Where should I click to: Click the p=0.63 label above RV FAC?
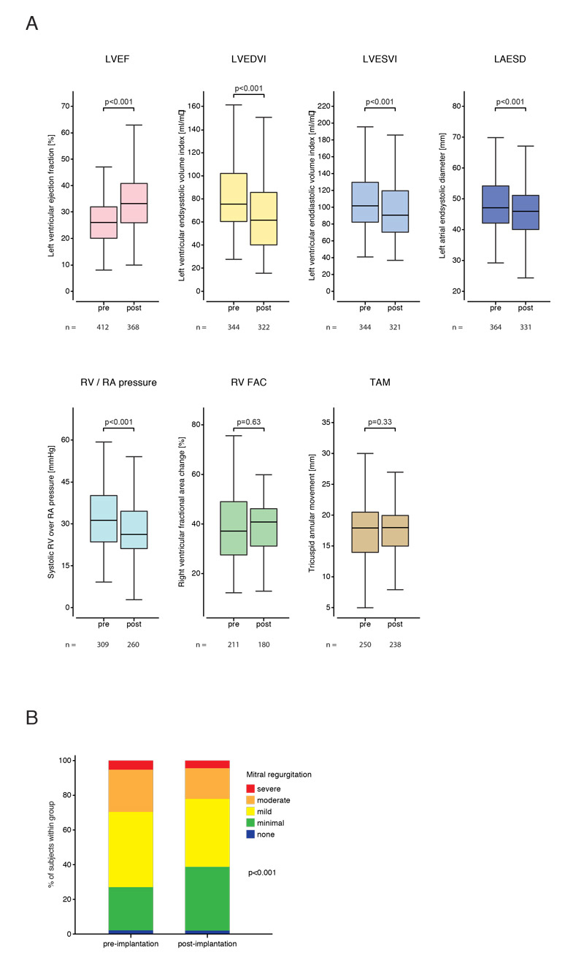tap(248, 421)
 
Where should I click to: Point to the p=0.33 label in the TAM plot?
tap(380, 421)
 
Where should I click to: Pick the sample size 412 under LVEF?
tap(103, 327)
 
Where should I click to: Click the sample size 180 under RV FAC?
tap(264, 644)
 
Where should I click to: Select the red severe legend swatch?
tap(250, 789)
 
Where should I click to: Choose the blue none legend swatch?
tap(250, 834)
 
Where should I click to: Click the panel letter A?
tap(31, 23)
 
